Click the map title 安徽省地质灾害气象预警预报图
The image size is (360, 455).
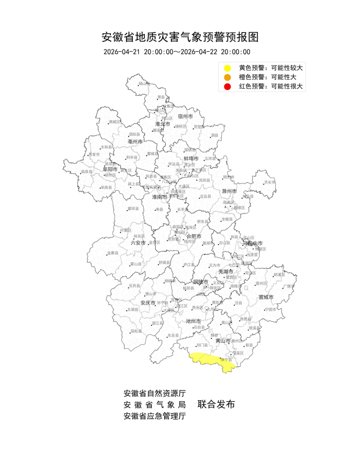tap(180, 37)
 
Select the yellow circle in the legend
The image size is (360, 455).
tap(227, 68)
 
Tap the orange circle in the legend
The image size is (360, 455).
tap(227, 77)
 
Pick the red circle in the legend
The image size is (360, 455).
tap(227, 87)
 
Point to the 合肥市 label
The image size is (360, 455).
tap(194, 236)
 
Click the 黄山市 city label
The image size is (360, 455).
tap(223, 341)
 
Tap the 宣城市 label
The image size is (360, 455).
tap(266, 297)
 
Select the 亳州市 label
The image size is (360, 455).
tap(135, 142)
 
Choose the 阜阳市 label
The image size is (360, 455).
tap(110, 169)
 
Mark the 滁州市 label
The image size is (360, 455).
tap(229, 191)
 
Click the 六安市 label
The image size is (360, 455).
tap(138, 243)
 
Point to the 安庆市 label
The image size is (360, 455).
tap(148, 303)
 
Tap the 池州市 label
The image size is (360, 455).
tap(193, 321)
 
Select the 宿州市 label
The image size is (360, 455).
tap(185, 116)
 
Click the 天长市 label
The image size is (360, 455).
tap(270, 182)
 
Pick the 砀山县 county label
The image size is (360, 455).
tap(144, 84)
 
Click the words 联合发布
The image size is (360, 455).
tap(216, 404)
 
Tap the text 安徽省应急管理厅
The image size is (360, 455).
tap(155, 416)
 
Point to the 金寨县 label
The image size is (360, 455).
tap(113, 253)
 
